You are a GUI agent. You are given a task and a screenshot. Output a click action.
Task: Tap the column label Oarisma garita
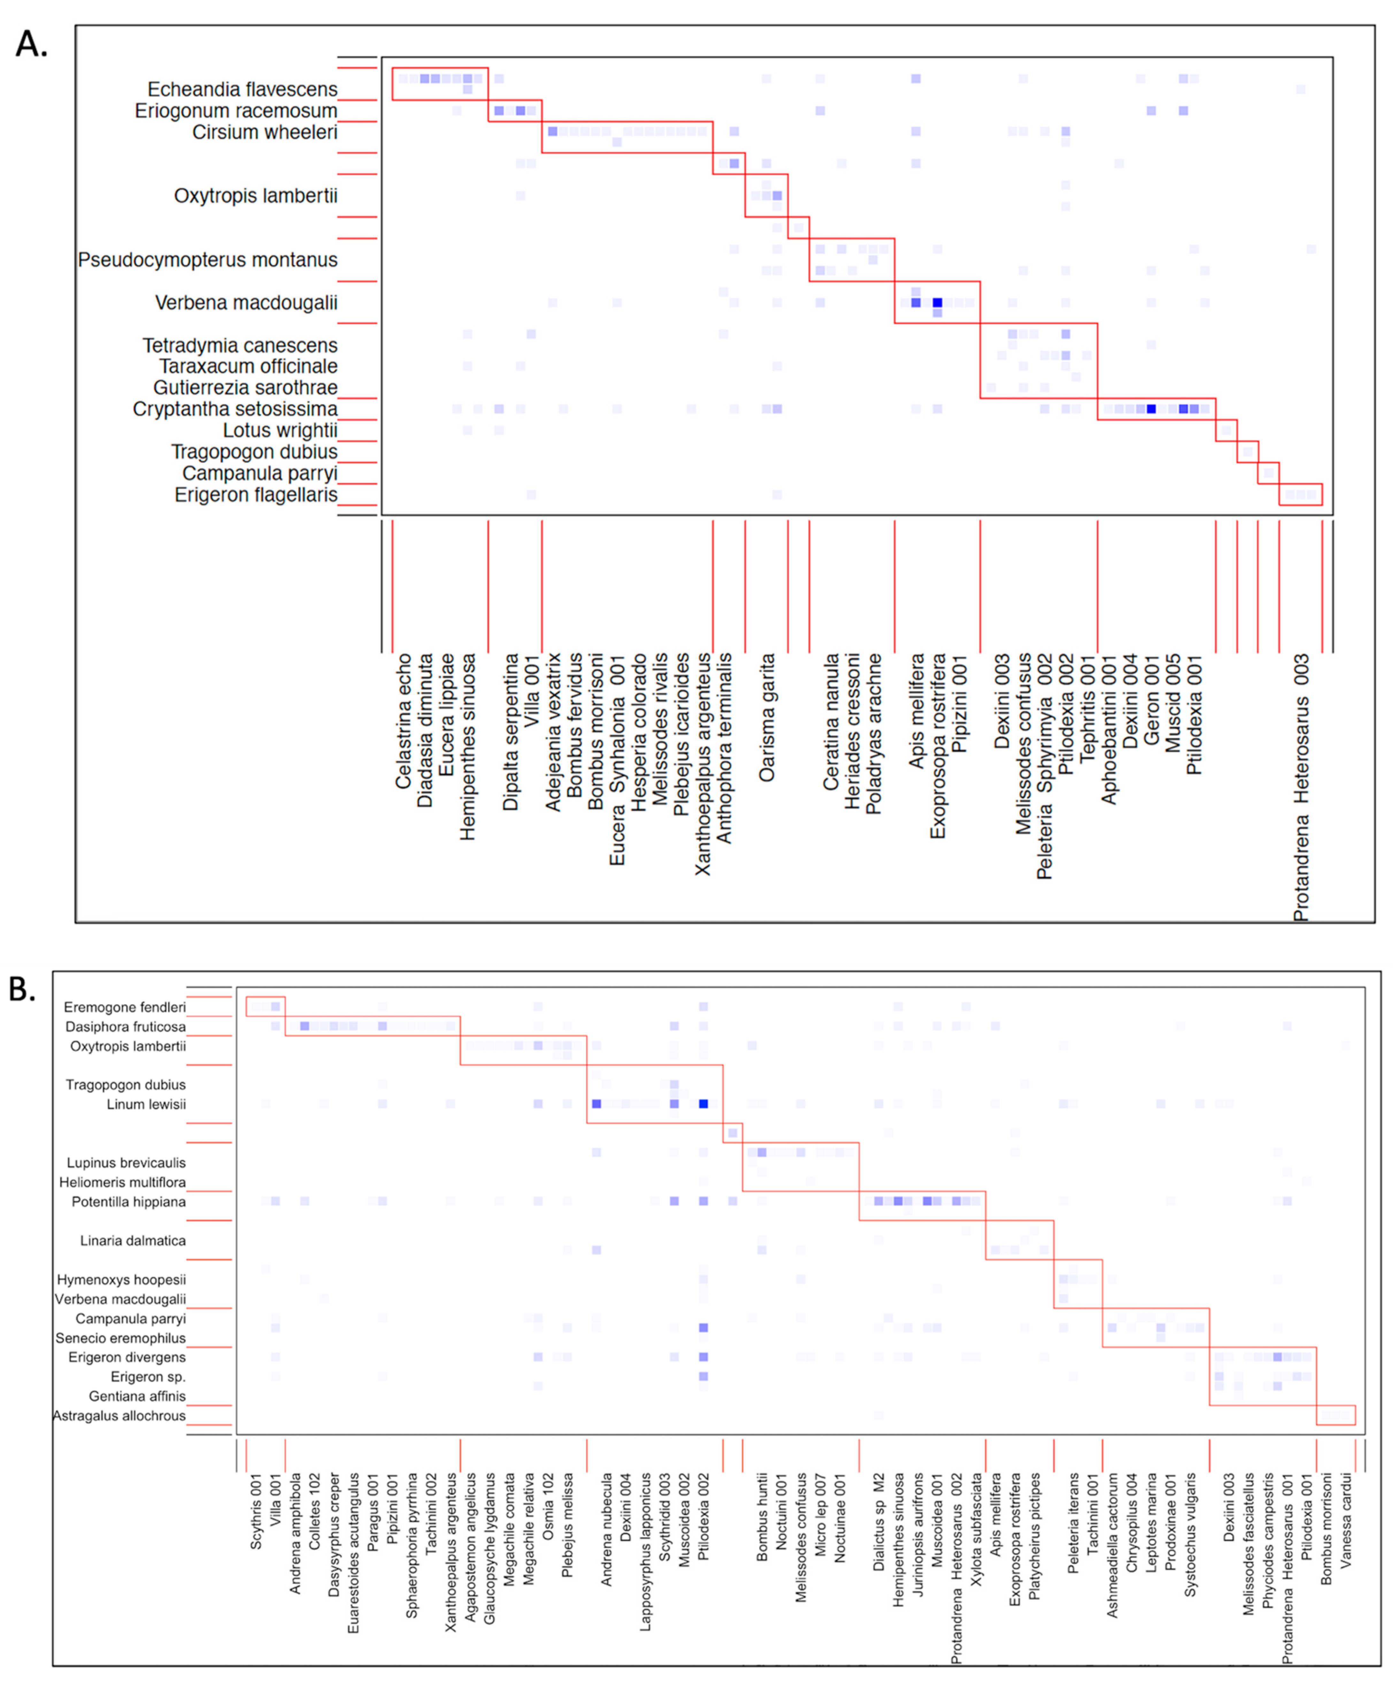click(x=767, y=717)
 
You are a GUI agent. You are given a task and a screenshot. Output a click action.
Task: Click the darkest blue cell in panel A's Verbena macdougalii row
click(x=937, y=303)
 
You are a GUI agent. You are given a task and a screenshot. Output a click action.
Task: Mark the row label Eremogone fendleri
click(x=125, y=1007)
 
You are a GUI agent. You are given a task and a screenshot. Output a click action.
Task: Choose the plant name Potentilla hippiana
click(x=128, y=1202)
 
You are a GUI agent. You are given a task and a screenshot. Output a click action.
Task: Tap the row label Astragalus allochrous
click(x=119, y=1416)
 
